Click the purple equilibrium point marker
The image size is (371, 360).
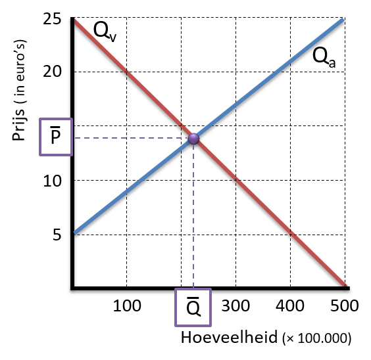(193, 139)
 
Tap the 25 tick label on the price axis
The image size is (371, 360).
(52, 18)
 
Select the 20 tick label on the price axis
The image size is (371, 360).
(52, 71)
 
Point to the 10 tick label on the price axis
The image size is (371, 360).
(52, 181)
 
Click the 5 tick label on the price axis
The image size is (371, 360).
(57, 235)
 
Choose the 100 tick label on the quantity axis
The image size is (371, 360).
(127, 305)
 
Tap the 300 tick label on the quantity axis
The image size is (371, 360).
(235, 305)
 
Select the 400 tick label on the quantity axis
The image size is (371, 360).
(290, 305)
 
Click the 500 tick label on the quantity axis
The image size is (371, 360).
(345, 305)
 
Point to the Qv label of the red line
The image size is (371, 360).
(105, 32)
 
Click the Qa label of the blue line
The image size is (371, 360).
(324, 58)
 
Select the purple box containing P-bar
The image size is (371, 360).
(56, 137)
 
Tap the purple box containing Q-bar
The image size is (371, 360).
(193, 307)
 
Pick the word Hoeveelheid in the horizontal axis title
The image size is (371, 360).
(229, 337)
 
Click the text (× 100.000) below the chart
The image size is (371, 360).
(317, 338)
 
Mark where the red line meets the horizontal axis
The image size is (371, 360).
(345, 286)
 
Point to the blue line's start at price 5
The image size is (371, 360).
(74, 233)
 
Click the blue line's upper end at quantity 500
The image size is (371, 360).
(343, 19)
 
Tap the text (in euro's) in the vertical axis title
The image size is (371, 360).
(19, 71)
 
